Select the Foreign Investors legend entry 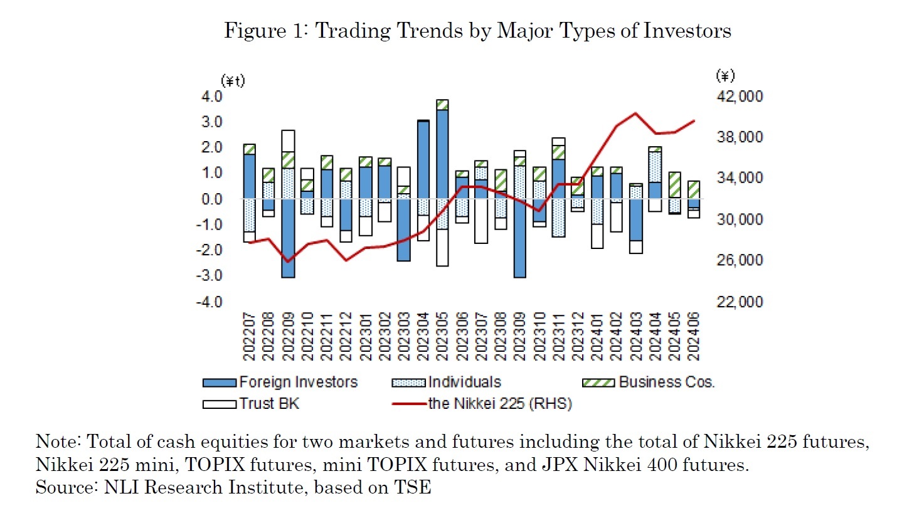(x=280, y=382)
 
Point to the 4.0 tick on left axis (x=228, y=97)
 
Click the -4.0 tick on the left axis (x=226, y=302)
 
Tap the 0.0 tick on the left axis (x=228, y=199)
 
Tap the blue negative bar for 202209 (x=288, y=238)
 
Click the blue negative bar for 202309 (x=520, y=238)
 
